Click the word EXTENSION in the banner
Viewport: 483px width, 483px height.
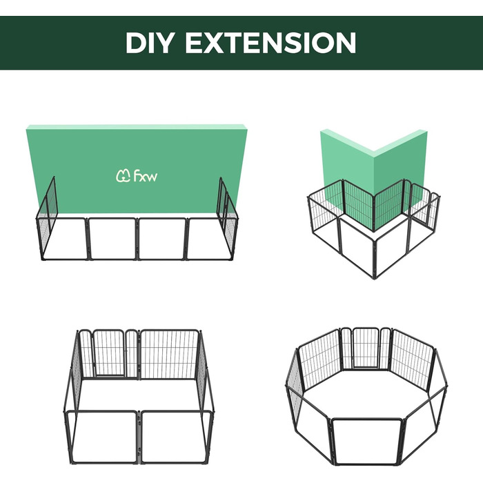point(270,43)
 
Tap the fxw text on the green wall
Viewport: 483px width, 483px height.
point(146,176)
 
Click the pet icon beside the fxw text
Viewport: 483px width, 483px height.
point(124,176)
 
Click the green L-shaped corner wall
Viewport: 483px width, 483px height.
point(374,172)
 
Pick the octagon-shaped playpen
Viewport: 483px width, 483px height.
point(366,396)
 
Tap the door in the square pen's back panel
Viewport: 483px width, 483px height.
point(109,353)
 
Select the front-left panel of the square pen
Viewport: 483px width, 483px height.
point(103,437)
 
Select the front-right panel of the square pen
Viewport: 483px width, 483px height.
point(176,437)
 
